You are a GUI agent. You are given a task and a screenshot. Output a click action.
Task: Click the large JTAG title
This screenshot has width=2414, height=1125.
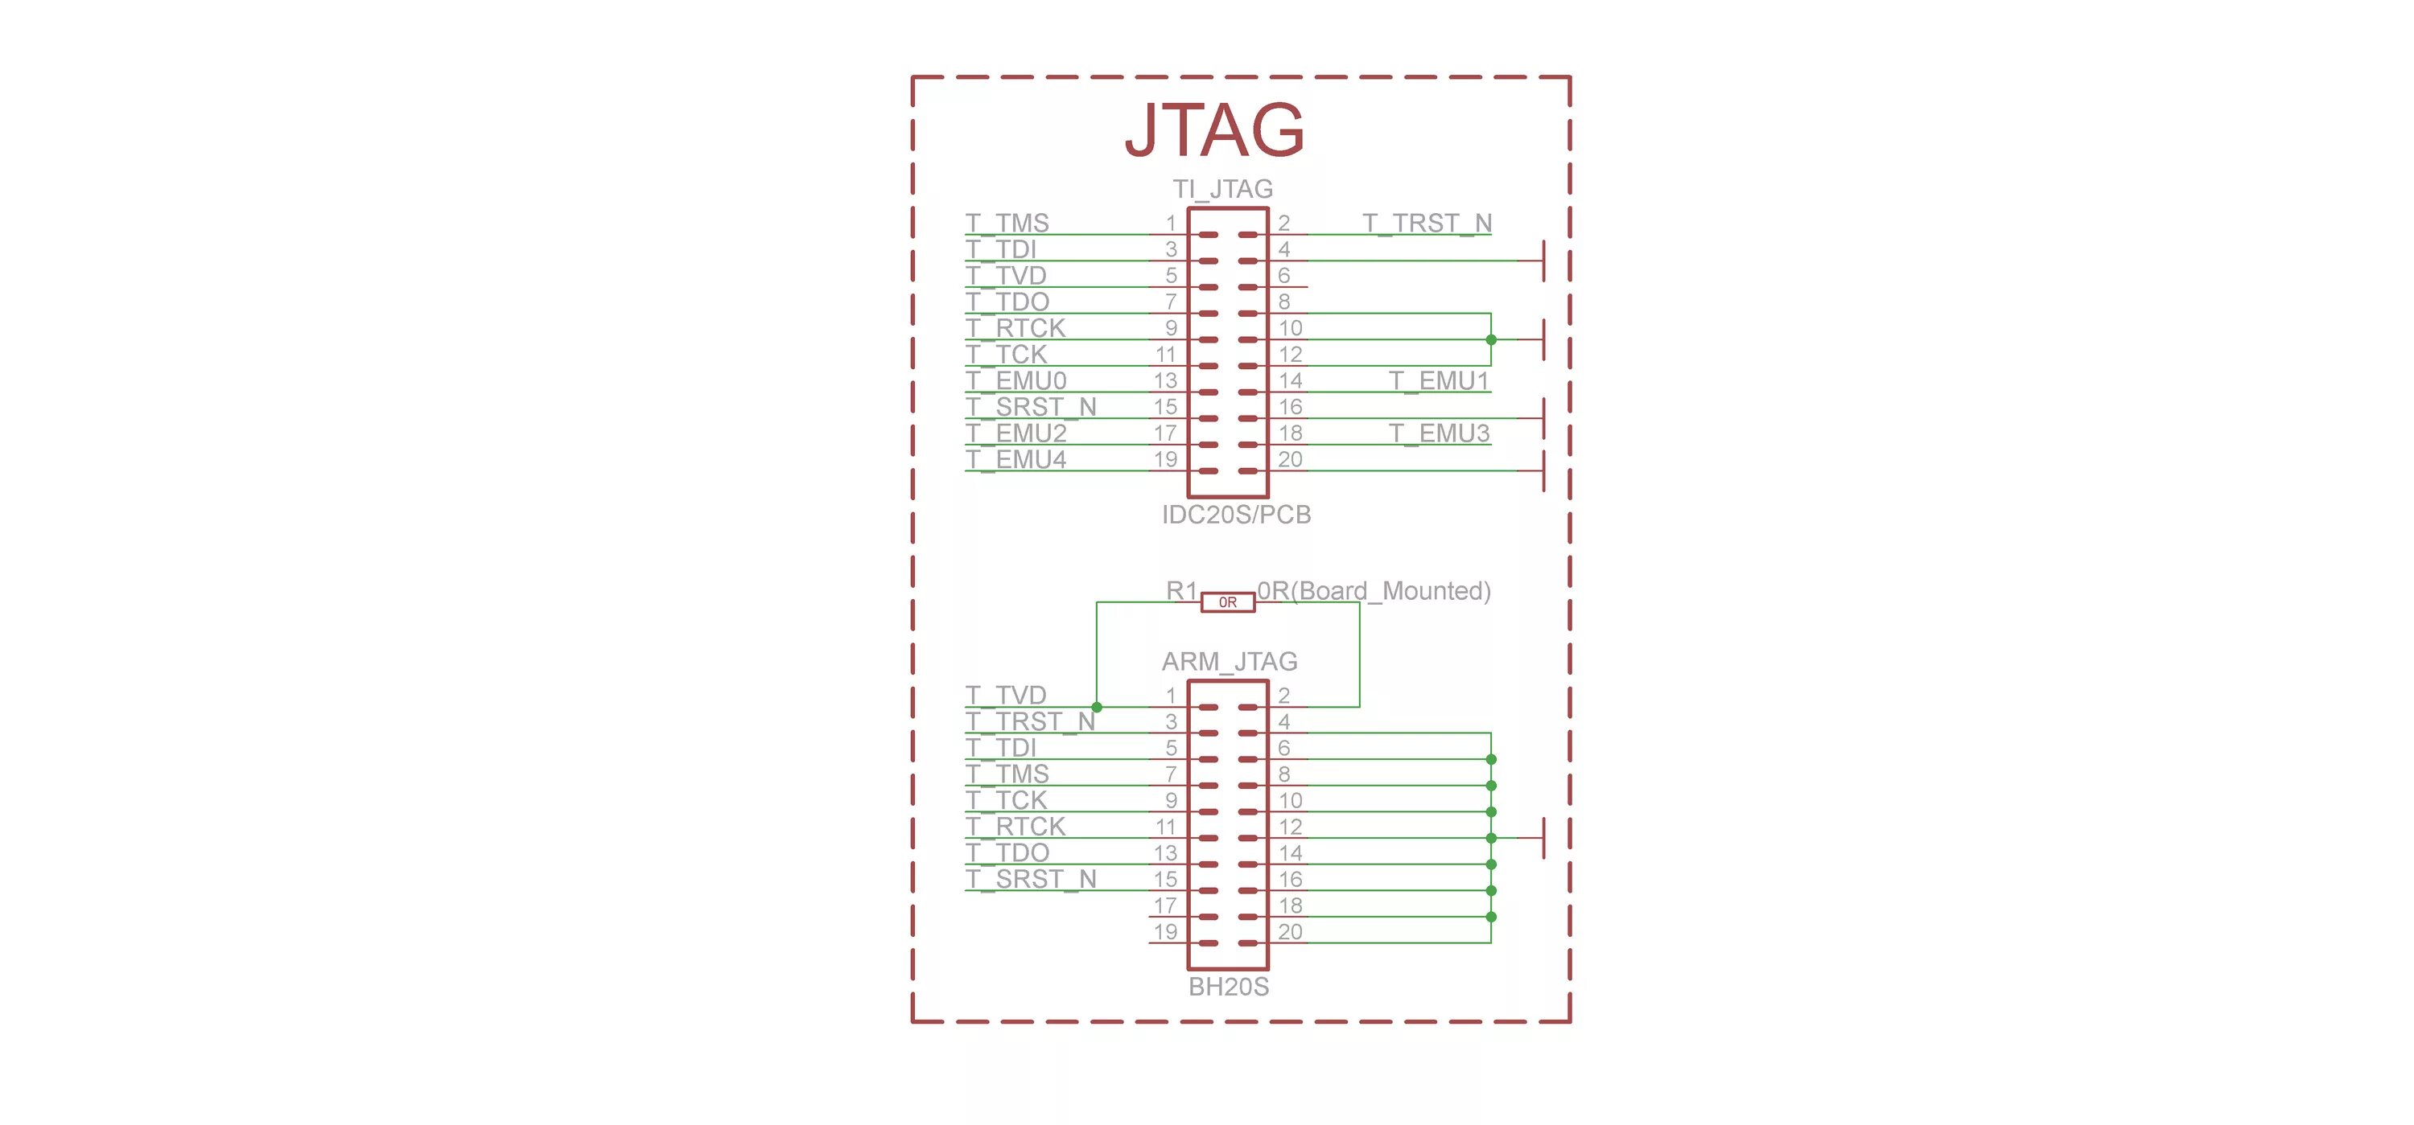(1214, 129)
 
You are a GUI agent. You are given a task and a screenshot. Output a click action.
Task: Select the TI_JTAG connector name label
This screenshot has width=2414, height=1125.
(1223, 189)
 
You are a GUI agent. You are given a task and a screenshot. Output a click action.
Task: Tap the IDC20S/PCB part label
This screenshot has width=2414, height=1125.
(1236, 515)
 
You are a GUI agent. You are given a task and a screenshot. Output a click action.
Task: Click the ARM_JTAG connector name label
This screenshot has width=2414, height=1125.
(1230, 661)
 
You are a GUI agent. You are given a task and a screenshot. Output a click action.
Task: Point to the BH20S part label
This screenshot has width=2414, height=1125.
(1229, 987)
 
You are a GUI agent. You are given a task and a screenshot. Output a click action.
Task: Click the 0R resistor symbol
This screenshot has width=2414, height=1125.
(1228, 602)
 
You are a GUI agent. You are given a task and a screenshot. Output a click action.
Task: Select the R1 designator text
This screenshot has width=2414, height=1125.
(1182, 591)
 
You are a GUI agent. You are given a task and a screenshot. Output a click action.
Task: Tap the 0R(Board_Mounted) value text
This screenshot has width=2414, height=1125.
(1374, 591)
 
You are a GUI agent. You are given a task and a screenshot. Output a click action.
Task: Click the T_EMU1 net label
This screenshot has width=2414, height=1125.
(1439, 380)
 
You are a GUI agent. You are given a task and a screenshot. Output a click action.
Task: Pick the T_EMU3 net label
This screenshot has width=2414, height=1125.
(1439, 433)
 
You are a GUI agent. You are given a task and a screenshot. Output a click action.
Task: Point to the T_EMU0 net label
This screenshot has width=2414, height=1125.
(1015, 380)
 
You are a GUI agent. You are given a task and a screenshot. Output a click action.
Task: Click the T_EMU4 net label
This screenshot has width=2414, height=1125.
(1015, 459)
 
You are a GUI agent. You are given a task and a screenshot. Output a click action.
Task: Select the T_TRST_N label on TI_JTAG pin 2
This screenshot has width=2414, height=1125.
(1427, 223)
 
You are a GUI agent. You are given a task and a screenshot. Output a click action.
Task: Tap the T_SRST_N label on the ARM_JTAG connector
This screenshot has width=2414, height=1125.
(1031, 879)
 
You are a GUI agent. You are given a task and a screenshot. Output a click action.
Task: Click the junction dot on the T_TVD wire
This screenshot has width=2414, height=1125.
(1097, 707)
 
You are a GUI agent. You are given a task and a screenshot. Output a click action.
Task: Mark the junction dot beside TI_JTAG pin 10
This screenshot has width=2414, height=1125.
(1491, 340)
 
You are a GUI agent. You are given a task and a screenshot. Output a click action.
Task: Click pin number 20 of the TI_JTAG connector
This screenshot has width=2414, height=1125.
(1291, 459)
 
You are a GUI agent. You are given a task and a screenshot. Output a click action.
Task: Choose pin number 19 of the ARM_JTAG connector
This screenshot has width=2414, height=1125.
(1165, 932)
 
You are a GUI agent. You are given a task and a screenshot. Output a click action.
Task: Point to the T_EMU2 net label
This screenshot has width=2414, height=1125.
(1015, 433)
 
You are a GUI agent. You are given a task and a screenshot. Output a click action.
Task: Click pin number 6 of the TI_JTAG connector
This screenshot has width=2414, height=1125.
(1283, 275)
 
